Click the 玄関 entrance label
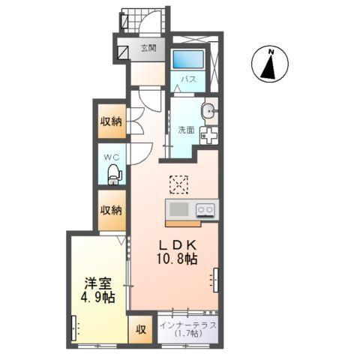tap(148, 48)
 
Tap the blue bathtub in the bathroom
tap(188, 59)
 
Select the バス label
tap(188, 79)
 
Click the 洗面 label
tap(186, 130)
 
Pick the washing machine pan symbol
tap(208, 136)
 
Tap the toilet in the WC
tap(115, 174)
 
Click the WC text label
tap(112, 157)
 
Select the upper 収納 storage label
tap(111, 121)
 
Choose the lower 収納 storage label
tap(111, 210)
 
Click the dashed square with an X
tap(178, 184)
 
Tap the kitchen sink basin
tap(179, 209)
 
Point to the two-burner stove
tap(205, 209)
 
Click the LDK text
tap(178, 245)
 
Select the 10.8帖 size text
tap(177, 259)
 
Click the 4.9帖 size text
tap(97, 298)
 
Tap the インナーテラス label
tap(188, 325)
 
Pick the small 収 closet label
tap(141, 329)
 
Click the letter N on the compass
tap(271, 52)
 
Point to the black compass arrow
tap(269, 67)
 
